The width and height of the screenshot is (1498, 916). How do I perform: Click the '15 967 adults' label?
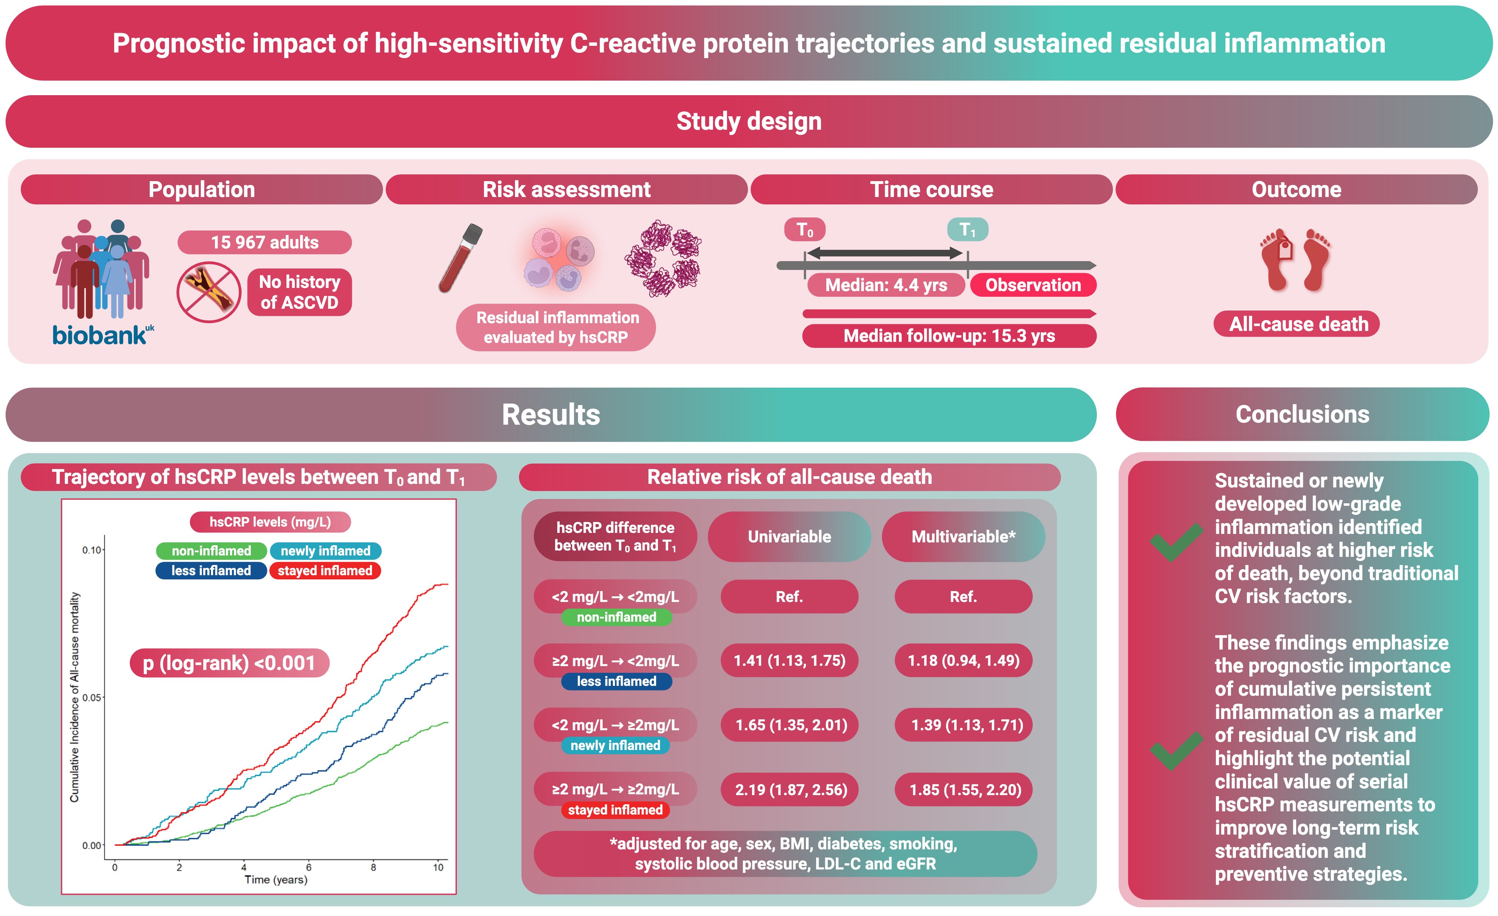pos(265,242)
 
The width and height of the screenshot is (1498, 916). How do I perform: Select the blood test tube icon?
pos(460,258)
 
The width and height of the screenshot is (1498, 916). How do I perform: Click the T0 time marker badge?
pos(804,230)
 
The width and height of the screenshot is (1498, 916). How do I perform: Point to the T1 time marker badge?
pos(967,230)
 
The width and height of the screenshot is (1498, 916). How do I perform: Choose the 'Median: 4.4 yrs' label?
pos(886,285)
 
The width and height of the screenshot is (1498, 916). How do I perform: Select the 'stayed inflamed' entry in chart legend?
pos(325,571)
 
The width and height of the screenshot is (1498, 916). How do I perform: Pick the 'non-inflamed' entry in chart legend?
pos(211,551)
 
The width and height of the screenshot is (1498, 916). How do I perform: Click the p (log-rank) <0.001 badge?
pos(229,662)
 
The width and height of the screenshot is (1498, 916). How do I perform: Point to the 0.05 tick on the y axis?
pos(92,697)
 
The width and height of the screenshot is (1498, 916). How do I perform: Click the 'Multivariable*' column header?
pos(963,536)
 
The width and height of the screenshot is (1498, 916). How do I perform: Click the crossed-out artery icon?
pos(209,292)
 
